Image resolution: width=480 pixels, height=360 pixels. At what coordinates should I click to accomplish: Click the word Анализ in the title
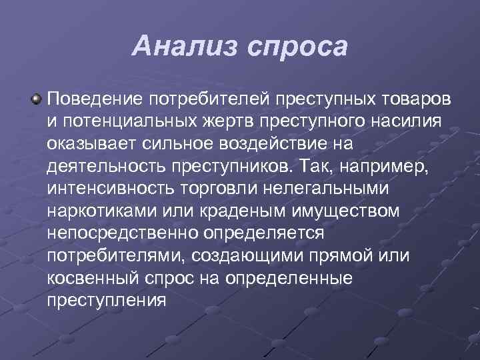pyautogui.click(x=186, y=47)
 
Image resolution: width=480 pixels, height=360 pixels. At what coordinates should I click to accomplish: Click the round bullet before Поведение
pyautogui.click(x=37, y=99)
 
